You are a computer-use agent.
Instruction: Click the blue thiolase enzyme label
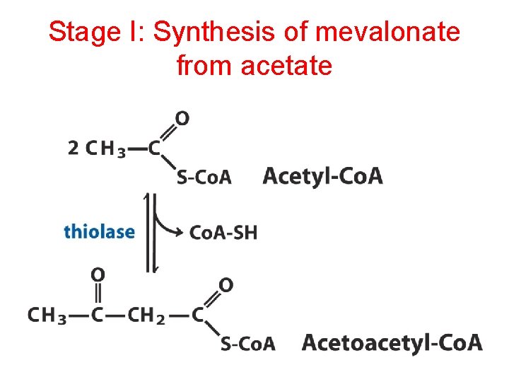[99, 231]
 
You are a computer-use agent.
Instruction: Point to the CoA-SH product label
[223, 232]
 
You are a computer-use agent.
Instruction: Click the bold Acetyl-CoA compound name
[322, 175]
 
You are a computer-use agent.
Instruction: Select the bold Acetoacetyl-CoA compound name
[392, 344]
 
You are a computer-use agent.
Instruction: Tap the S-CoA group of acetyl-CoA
[204, 178]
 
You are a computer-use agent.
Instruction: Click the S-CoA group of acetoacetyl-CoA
[247, 345]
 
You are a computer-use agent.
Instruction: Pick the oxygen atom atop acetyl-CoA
[182, 118]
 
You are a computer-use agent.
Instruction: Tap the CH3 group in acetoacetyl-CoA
[47, 316]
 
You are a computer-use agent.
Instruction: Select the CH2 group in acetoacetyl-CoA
[146, 316]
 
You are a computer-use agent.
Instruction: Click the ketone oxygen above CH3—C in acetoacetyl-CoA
[98, 274]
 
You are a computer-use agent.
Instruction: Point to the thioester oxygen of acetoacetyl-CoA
[226, 285]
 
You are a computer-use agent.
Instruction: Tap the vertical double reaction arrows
[150, 232]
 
